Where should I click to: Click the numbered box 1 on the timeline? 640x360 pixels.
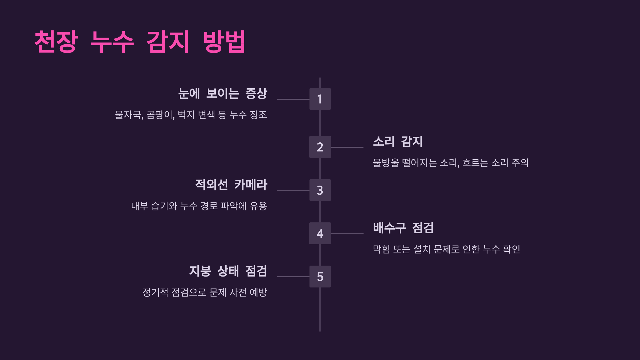[x=320, y=99]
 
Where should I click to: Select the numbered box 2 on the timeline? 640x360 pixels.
[x=320, y=147]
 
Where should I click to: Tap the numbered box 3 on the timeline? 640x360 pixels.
[x=320, y=190]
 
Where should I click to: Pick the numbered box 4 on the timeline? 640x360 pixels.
[x=320, y=233]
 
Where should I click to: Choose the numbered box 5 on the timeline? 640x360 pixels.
[x=320, y=277]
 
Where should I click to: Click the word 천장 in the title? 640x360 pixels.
[x=56, y=42]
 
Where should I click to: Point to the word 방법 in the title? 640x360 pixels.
[x=224, y=42]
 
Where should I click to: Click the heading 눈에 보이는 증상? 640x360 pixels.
[x=223, y=94]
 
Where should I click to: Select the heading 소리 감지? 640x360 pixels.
[x=398, y=142]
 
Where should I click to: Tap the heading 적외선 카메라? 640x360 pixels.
[x=231, y=185]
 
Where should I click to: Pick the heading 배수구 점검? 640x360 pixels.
[x=403, y=228]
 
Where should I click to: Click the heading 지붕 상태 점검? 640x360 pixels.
[x=228, y=271]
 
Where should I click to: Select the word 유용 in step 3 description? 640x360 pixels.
[x=258, y=206]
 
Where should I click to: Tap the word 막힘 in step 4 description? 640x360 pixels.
[x=381, y=249]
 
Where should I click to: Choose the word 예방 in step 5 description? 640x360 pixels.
[x=258, y=292]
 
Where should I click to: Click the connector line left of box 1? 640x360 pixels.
[x=293, y=99]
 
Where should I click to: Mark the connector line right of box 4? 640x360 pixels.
[x=347, y=234]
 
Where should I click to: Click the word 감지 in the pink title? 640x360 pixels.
[x=168, y=42]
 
